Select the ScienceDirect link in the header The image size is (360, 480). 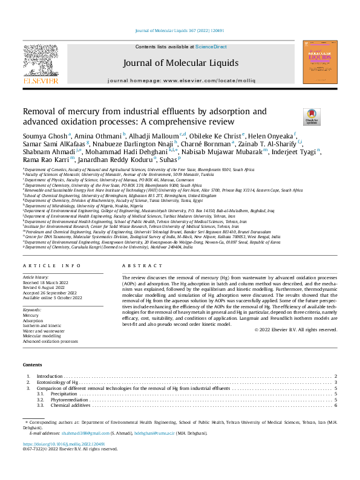tap(211, 47)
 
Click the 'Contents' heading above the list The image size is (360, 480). tap(32, 365)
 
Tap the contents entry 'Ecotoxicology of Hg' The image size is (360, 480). tap(57, 382)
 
